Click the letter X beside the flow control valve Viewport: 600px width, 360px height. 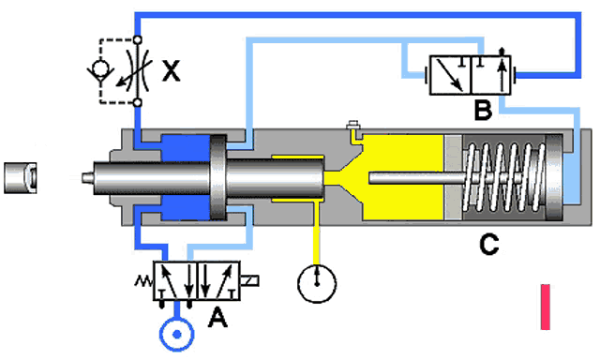click(171, 70)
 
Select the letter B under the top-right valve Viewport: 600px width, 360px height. click(483, 110)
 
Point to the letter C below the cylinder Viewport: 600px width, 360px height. click(488, 244)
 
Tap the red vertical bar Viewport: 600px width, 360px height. click(546, 307)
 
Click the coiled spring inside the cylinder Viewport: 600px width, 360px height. click(503, 177)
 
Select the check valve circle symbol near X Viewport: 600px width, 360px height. click(100, 68)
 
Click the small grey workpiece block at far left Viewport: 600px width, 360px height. click(21, 177)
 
